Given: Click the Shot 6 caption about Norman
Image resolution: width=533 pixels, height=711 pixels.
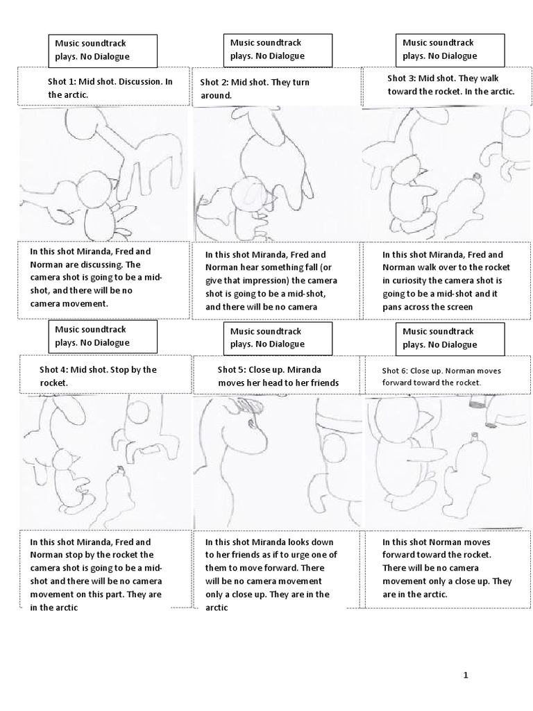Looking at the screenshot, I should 446,376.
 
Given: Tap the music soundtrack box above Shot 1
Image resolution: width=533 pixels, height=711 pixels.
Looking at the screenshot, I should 102,50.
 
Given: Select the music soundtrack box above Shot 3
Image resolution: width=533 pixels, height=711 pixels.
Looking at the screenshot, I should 449,49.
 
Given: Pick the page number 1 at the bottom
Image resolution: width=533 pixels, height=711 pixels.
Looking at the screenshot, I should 466,675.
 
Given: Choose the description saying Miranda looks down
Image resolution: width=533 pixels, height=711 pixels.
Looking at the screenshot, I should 276,574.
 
